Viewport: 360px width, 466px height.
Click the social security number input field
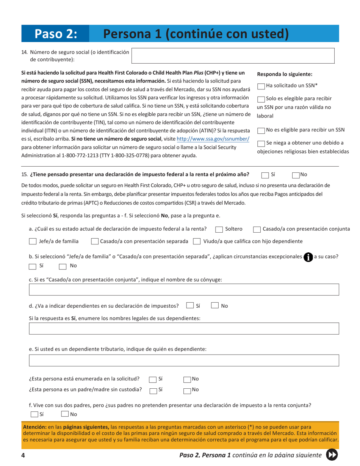(x=233, y=55)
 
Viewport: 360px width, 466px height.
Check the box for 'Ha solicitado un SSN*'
(x=261, y=87)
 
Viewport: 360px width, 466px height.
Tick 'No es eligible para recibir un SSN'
(x=261, y=131)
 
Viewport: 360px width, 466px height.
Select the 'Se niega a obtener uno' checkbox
(x=261, y=144)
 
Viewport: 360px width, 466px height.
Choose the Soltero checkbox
(x=219, y=229)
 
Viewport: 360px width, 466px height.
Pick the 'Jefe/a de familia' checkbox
(x=33, y=241)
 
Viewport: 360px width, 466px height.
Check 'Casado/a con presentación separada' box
(x=95, y=241)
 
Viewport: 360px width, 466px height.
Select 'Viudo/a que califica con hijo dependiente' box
(x=197, y=241)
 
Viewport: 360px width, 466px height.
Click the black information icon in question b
(x=308, y=256)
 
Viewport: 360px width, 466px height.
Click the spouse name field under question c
(x=184, y=291)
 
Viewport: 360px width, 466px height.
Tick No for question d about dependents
(x=214, y=306)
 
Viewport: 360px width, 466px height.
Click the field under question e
(x=184, y=361)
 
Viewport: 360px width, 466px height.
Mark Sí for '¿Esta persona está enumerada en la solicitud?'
(x=153, y=379)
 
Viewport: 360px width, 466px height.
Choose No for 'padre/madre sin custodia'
(x=187, y=389)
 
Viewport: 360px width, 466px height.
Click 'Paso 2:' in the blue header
(x=56, y=34)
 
